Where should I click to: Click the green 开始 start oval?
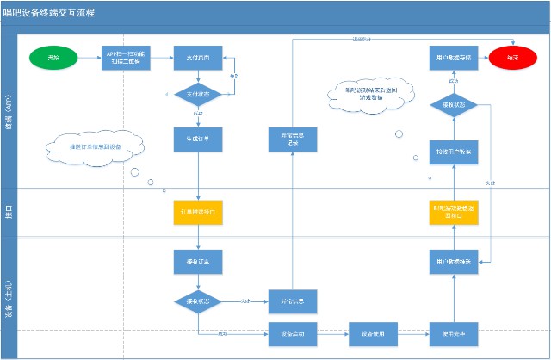click(53, 58)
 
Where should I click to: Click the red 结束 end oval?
click(507, 58)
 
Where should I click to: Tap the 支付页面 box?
click(199, 58)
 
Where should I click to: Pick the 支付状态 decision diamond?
click(199, 93)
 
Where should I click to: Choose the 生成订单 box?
click(199, 137)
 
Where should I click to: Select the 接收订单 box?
click(199, 261)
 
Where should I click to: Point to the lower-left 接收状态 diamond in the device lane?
click(199, 301)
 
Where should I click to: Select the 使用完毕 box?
click(453, 333)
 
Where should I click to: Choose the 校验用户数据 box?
click(453, 151)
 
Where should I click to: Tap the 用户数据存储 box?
click(453, 58)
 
